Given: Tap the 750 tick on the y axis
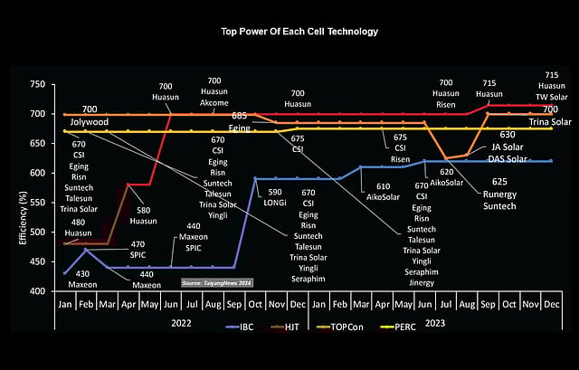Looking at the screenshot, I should pos(36,84).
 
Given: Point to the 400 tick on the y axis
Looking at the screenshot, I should pos(36,291).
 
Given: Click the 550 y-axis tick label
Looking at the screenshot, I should pos(36,203).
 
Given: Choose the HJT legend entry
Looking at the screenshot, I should pos(286,353).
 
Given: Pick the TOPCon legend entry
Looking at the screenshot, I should pos(338,353).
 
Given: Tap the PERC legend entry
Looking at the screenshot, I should pos(401,353).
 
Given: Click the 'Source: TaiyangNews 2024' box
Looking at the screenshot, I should pos(217,283).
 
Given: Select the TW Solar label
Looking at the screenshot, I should pos(552,96).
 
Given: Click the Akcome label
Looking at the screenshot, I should pos(215,103).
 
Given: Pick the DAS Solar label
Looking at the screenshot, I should pos(508,158).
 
